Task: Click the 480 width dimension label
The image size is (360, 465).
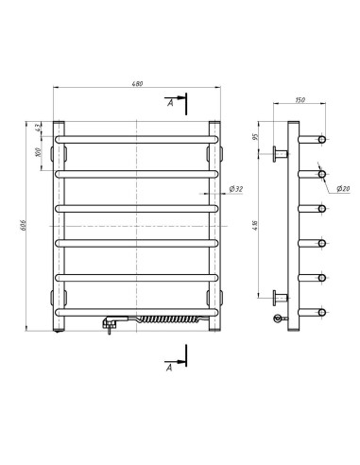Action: click(x=137, y=84)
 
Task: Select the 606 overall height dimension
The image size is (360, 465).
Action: click(x=23, y=225)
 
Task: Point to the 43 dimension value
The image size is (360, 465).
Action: click(x=38, y=128)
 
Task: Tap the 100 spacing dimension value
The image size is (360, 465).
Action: click(x=38, y=152)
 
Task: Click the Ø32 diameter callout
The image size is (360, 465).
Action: click(x=236, y=189)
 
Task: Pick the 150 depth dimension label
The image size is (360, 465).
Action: click(x=300, y=100)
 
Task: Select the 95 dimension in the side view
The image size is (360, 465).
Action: click(x=256, y=137)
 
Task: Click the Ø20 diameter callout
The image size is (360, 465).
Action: click(x=343, y=189)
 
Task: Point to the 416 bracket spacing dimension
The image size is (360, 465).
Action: click(x=256, y=226)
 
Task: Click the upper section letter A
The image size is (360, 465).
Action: click(x=170, y=103)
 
